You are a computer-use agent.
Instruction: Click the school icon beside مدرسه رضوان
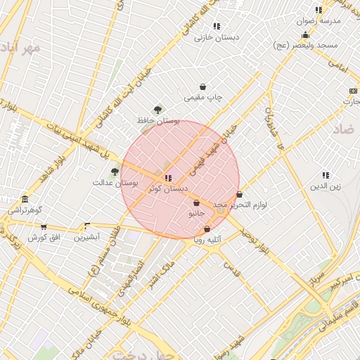[319, 10]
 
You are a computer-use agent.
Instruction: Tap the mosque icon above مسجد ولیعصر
[305, 34]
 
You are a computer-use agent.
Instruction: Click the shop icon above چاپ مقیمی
[203, 86]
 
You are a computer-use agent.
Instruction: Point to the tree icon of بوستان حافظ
[157, 109]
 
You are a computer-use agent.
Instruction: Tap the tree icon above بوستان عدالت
[115, 171]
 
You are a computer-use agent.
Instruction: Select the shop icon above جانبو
[196, 202]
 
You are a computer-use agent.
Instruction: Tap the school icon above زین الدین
[326, 175]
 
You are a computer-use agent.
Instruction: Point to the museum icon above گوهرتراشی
[25, 199]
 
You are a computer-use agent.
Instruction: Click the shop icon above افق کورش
[44, 226]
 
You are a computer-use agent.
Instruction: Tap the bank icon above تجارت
[352, 91]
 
